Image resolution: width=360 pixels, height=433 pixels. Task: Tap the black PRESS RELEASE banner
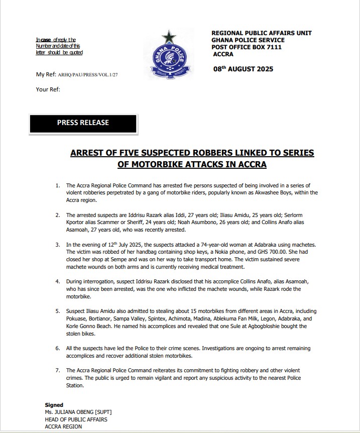coord(83,123)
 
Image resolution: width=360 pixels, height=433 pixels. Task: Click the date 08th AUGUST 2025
coord(243,69)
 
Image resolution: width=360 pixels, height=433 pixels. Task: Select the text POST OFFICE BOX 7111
coord(247,47)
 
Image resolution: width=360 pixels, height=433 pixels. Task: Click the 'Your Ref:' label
coord(48,89)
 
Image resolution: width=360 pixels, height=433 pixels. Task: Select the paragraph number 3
coord(58,244)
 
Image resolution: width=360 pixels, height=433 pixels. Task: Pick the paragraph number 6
coord(58,348)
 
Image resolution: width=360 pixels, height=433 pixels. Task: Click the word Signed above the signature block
coord(54,405)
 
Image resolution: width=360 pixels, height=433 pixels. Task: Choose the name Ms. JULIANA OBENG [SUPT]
coord(75,412)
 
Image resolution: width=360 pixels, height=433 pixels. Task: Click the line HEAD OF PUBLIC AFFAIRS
coord(76,419)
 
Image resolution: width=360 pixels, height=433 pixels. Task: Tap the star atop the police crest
coord(168,37)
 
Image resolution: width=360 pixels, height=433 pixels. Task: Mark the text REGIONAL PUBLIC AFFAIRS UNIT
coord(261,33)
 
